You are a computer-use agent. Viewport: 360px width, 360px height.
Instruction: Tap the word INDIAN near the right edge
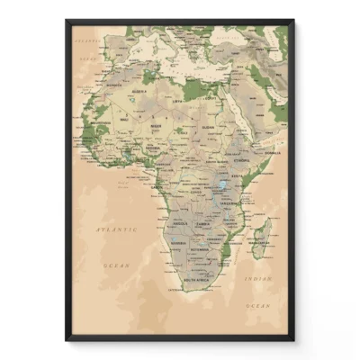pyautogui.click(x=261, y=279)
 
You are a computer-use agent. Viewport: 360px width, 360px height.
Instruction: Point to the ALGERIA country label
pyautogui.click(x=139, y=92)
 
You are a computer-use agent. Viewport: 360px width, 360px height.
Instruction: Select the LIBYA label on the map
pyautogui.click(x=176, y=102)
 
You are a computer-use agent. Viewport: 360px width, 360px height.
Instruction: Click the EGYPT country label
pyautogui.click(x=211, y=98)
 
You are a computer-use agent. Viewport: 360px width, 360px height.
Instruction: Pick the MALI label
pyautogui.click(x=125, y=120)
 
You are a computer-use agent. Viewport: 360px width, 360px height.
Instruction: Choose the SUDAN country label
pyautogui.click(x=209, y=127)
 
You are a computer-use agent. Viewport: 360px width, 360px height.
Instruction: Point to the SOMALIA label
pyautogui.click(x=268, y=153)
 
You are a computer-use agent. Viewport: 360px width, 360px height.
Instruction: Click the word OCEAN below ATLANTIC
pyautogui.click(x=116, y=266)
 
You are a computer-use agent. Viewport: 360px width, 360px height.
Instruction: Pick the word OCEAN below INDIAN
pyautogui.click(x=259, y=307)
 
